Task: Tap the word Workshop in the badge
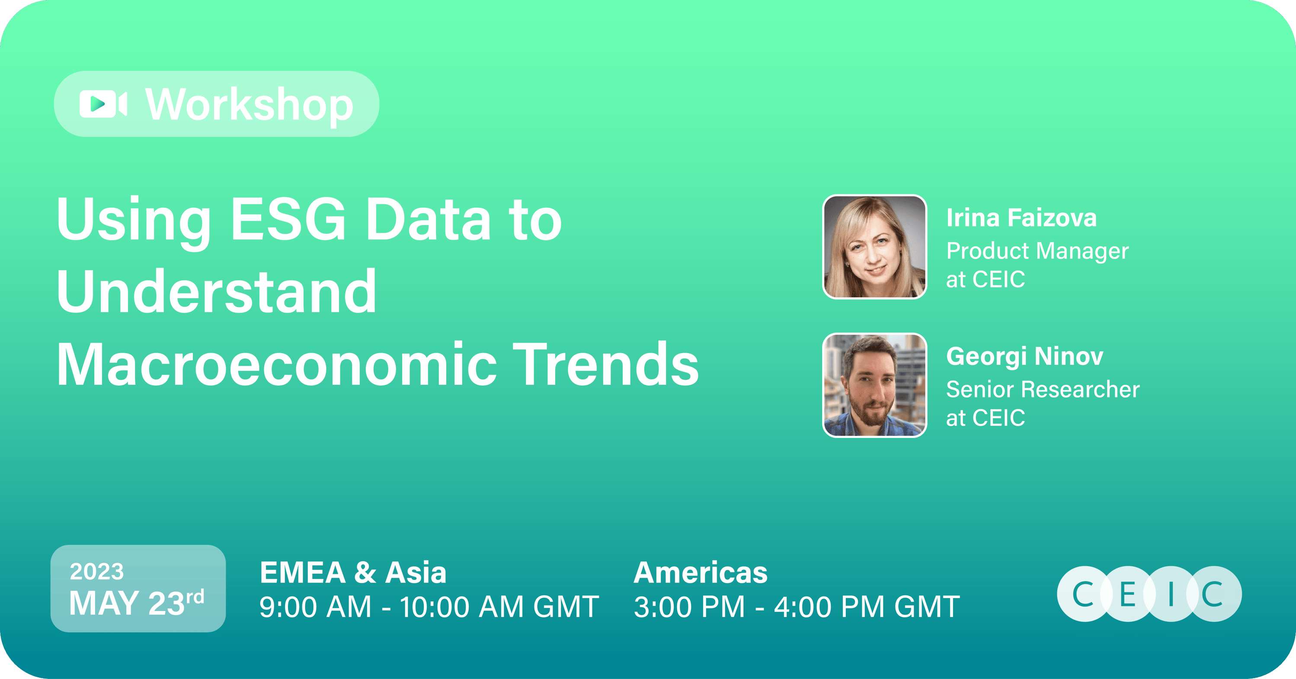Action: click(x=250, y=105)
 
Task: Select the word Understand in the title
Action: click(x=216, y=292)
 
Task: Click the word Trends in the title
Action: click(x=608, y=364)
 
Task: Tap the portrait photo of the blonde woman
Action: click(x=874, y=247)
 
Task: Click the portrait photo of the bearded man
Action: click(x=874, y=385)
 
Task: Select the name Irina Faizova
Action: click(x=1021, y=218)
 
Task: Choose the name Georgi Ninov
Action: click(x=1024, y=356)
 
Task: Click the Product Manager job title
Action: click(x=1037, y=251)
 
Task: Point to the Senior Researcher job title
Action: click(x=1043, y=389)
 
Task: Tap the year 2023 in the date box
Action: click(x=96, y=571)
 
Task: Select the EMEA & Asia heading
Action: click(x=353, y=573)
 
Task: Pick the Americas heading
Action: click(x=700, y=573)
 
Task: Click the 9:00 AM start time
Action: click(x=315, y=607)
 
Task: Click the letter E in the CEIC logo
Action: click(x=1127, y=594)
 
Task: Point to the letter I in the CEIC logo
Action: click(x=1171, y=594)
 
